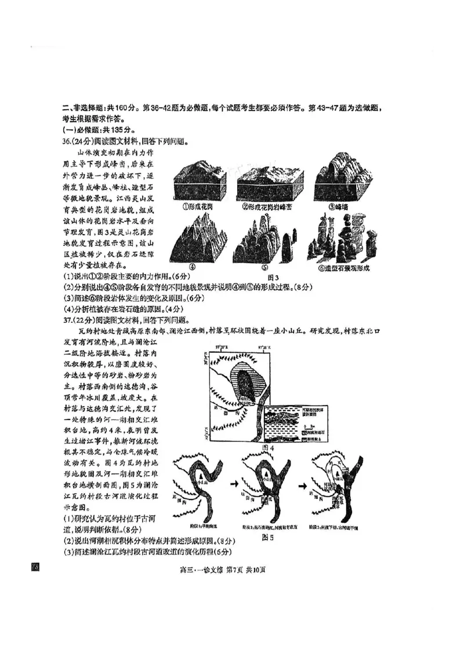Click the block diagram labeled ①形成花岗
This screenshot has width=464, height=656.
[x=202, y=183]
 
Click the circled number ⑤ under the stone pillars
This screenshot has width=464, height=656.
[x=264, y=267]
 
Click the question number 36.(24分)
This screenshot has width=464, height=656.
[x=80, y=141]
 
